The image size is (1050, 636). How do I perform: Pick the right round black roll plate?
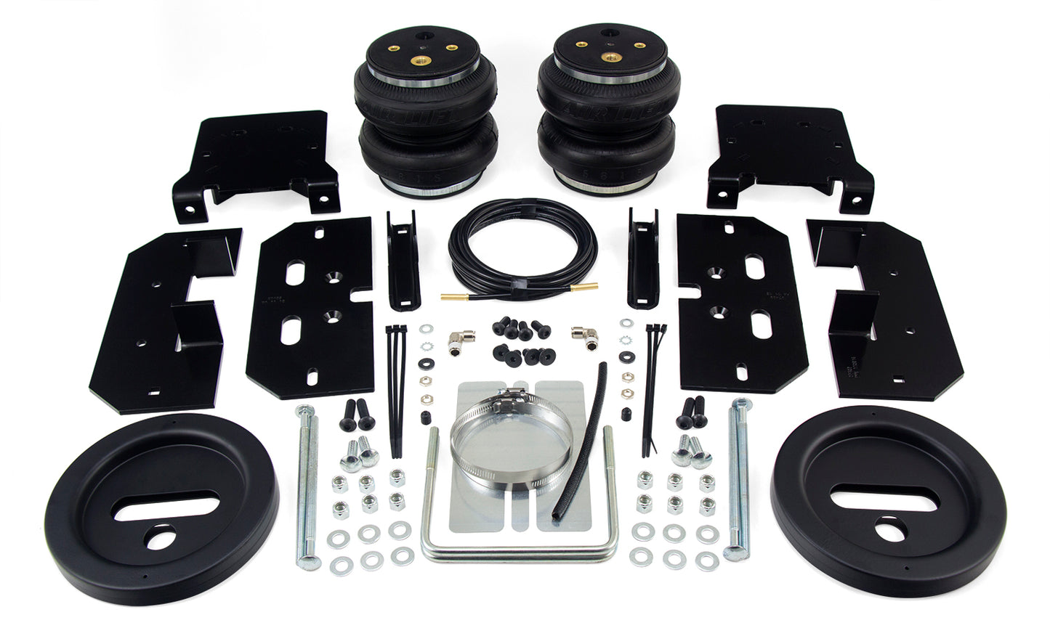888,505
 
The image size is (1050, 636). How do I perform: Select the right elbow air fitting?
582,335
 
